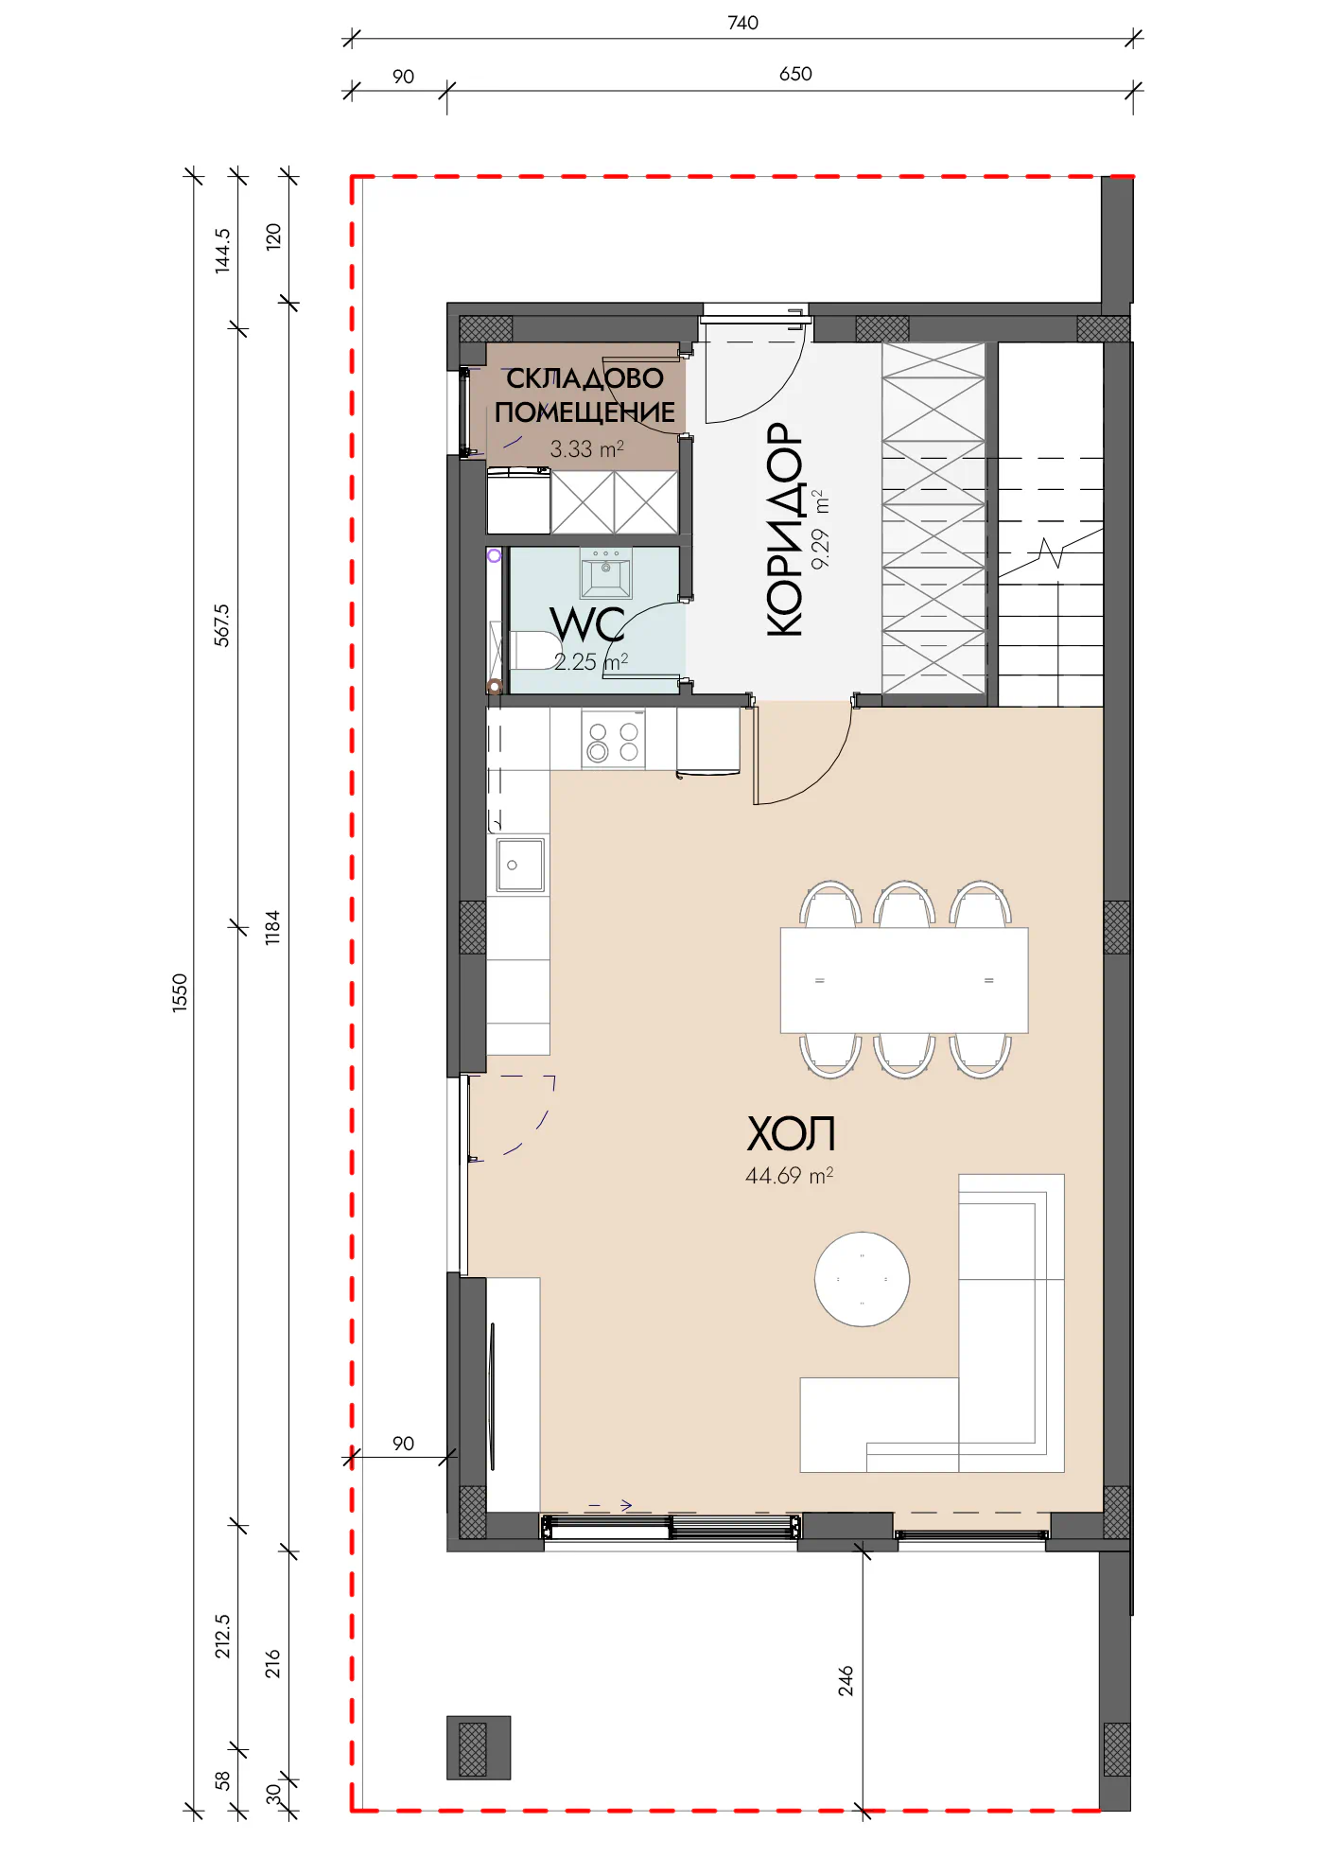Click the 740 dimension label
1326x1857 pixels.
pos(742,23)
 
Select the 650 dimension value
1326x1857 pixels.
pos(795,74)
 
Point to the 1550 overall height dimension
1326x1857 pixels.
pos(180,993)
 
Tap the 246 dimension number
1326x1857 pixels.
pos(846,1680)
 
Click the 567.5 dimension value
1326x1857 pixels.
pos(221,625)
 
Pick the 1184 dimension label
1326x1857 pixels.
pos(272,927)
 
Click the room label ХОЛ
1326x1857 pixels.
pos(791,1133)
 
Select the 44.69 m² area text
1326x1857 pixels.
pos(789,1176)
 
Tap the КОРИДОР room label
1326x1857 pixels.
pos(784,529)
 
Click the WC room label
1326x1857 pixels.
pos(586,624)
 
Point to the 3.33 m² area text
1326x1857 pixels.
pos(586,448)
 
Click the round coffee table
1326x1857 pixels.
pos(862,1279)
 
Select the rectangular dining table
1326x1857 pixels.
pos(904,980)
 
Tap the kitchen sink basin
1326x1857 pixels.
pos(520,865)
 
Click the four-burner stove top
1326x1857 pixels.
pos(613,742)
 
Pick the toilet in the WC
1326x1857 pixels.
pos(530,650)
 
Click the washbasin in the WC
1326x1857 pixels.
pos(606,573)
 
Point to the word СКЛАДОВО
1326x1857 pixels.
pos(585,378)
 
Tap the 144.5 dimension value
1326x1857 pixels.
pos(221,251)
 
